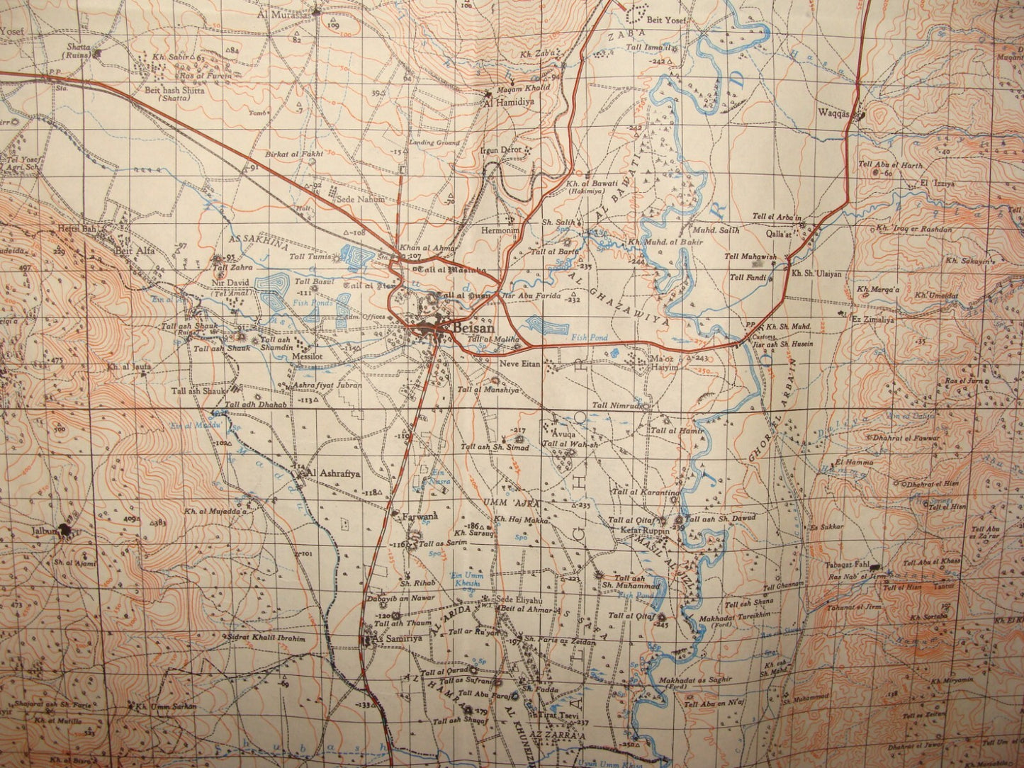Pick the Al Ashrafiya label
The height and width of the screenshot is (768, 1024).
tap(333, 471)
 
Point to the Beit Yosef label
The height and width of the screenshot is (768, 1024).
tap(667, 21)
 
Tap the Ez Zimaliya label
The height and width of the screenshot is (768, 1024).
tap(872, 320)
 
